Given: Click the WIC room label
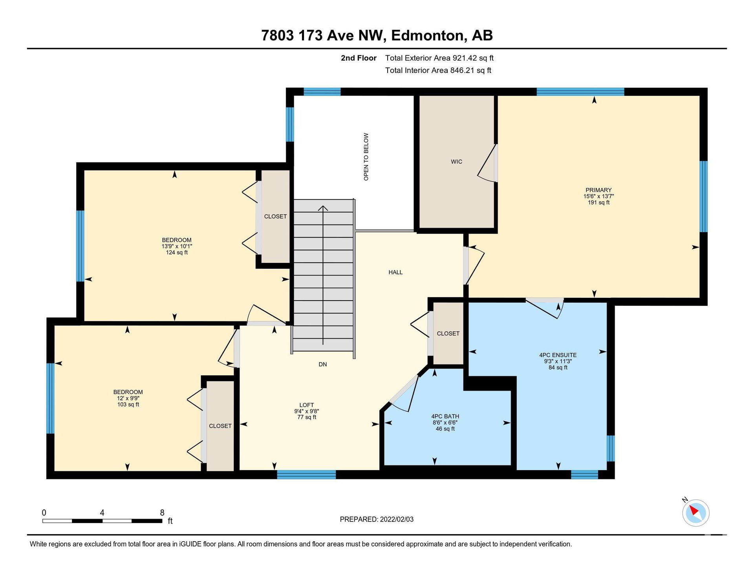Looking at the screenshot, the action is tap(456, 162).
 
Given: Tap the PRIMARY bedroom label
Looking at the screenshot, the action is tap(598, 190).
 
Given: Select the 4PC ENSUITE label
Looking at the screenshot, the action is tap(558, 355).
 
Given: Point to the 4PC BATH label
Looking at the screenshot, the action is tap(445, 416).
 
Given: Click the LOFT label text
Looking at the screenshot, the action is tap(307, 405).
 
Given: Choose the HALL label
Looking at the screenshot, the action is tap(395, 272).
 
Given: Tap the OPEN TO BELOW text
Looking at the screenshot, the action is tap(366, 157).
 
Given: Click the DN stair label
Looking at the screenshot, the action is tap(323, 365).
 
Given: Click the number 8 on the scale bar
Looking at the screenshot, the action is tap(162, 513).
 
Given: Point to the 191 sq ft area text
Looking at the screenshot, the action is tap(598, 203).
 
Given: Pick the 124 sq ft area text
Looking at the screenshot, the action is tap(177, 253).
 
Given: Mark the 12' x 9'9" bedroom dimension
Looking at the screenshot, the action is tap(128, 398).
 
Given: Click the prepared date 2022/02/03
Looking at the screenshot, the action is tap(397, 520).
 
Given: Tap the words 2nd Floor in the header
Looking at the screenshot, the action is tap(359, 58).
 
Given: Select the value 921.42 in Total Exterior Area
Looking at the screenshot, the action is tap(465, 58).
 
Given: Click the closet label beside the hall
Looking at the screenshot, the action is tap(448, 334).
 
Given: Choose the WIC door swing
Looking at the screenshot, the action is tap(487, 164).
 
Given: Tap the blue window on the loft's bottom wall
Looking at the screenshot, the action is tap(306, 474).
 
